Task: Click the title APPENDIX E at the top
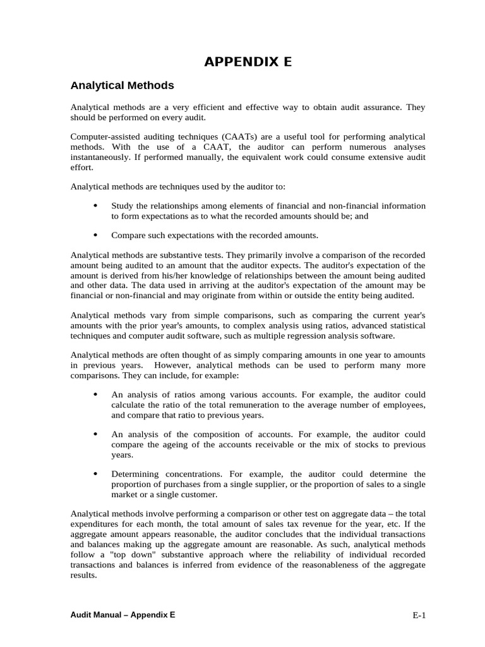pyautogui.click(x=248, y=62)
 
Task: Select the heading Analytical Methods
pyautogui.click(x=122, y=85)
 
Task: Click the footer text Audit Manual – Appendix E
pyautogui.click(x=123, y=614)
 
